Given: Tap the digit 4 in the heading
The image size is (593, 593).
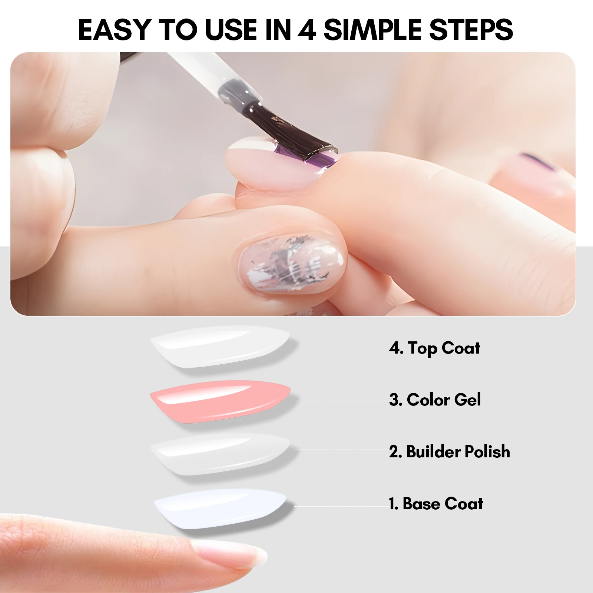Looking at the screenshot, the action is (307, 29).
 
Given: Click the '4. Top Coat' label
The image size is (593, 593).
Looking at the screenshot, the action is (434, 348).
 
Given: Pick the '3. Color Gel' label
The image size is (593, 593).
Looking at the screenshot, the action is (435, 400).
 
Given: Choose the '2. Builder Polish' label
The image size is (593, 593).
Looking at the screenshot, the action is (449, 451).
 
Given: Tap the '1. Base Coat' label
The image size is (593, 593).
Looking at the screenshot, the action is (436, 503).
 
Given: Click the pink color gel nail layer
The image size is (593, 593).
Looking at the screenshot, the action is (220, 401).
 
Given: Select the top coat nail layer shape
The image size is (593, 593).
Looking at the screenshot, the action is (220, 347).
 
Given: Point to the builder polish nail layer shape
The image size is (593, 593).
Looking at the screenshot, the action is (220, 454).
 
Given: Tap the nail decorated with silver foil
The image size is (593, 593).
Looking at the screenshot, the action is (293, 264).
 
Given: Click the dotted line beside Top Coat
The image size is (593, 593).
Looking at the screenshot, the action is (341, 347).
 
